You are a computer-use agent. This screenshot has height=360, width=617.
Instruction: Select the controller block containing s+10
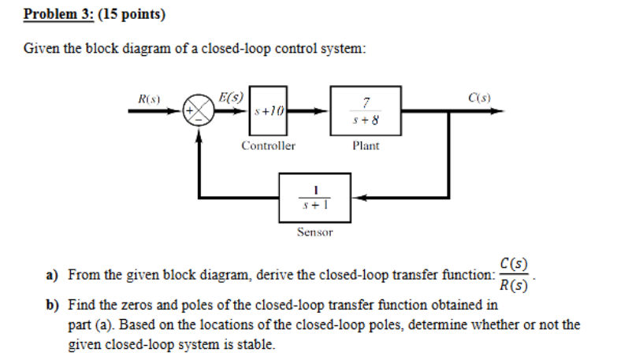click(267, 111)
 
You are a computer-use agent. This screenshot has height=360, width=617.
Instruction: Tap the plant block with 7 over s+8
click(366, 111)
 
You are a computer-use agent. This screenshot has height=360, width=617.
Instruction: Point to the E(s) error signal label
click(231, 98)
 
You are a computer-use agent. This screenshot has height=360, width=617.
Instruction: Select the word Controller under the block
click(268, 146)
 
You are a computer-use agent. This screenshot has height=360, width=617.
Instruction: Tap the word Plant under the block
click(366, 146)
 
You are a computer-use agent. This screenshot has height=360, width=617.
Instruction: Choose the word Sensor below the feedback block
click(314, 232)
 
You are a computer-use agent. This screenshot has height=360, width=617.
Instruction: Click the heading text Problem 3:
click(54, 15)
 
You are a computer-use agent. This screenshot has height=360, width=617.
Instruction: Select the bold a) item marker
click(52, 275)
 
